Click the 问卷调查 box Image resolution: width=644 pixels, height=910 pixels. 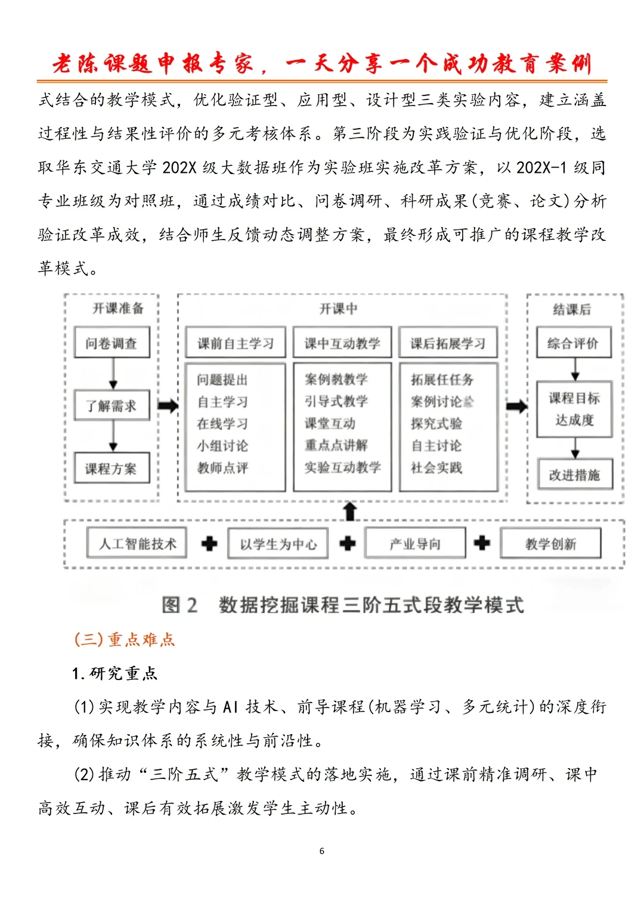112,343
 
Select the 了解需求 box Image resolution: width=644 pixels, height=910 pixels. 112,406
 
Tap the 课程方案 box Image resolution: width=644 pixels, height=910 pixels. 112,468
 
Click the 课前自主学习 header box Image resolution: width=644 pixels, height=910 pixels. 235,343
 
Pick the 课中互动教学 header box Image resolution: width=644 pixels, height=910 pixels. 342,343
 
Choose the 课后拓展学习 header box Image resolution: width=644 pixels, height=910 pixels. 448,343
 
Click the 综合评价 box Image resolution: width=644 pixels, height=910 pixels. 573,343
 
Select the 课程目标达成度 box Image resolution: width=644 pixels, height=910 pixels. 574,409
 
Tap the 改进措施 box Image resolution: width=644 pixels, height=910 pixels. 574,474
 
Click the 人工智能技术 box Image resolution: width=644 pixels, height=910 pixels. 137,543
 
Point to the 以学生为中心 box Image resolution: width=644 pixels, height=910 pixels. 278,543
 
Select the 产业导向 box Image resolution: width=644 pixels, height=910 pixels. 415,543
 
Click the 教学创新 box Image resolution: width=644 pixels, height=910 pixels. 550,543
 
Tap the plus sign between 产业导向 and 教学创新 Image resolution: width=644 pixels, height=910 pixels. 482,543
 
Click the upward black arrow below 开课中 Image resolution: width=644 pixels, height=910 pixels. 350,511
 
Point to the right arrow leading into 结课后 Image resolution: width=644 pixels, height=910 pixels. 516,406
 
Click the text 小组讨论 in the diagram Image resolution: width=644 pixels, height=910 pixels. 222,446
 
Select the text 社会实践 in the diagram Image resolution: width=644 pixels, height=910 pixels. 436,468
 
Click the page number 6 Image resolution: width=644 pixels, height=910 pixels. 322,851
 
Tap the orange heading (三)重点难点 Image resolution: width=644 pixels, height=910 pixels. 124,639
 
